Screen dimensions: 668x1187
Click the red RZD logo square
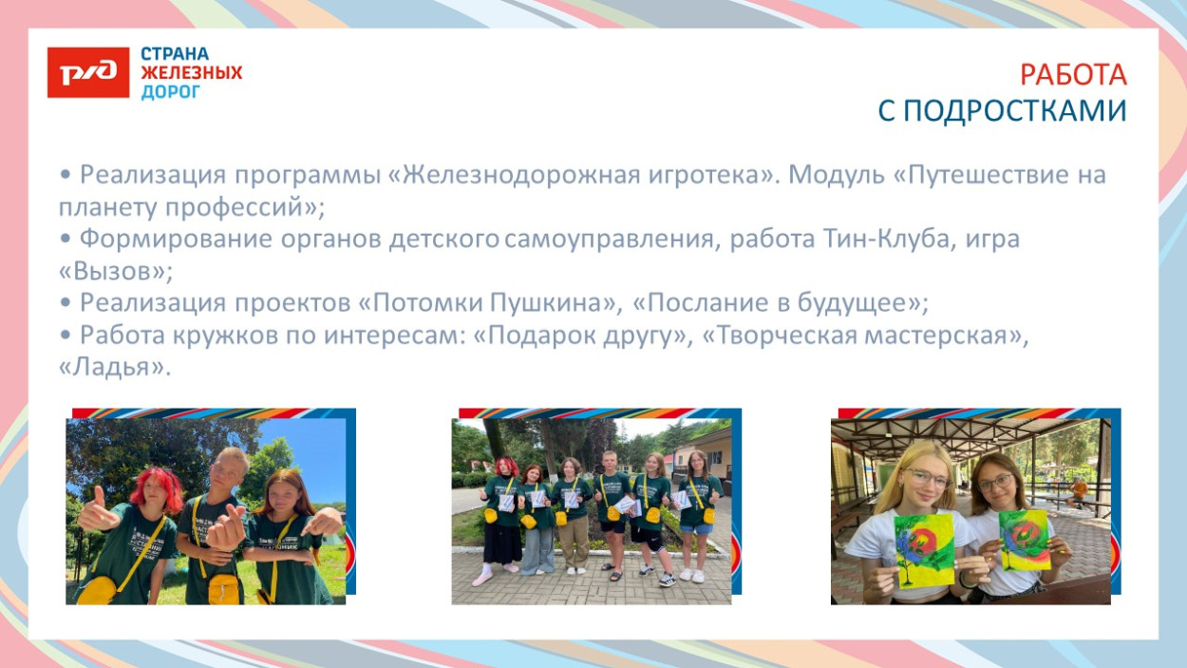(x=87, y=73)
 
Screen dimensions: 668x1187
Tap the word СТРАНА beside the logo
(x=175, y=54)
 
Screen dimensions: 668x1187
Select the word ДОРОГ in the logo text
(x=171, y=92)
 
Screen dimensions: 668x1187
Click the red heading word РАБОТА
(x=1072, y=75)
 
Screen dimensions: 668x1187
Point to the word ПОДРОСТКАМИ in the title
(x=1014, y=111)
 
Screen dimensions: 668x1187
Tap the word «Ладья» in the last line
(x=115, y=368)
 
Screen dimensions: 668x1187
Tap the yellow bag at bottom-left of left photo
(x=97, y=590)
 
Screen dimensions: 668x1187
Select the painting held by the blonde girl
(x=924, y=550)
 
